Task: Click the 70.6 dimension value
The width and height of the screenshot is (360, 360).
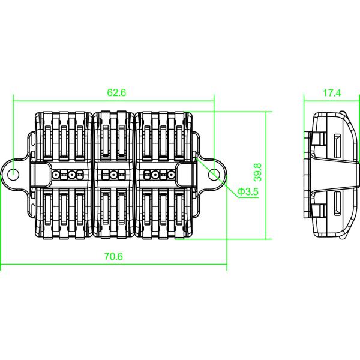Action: [113, 256]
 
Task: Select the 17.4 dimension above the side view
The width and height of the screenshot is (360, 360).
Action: [331, 93]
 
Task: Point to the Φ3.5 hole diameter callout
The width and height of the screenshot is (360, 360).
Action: [247, 192]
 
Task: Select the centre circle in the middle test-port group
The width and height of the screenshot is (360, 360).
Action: [113, 175]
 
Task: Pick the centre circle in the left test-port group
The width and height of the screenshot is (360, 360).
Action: [65, 175]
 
